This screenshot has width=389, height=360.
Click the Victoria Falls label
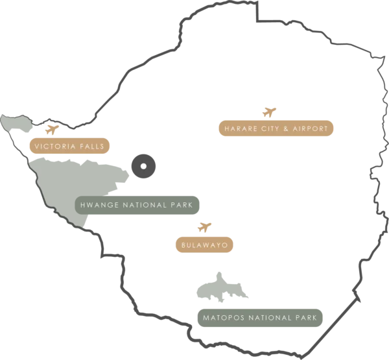[69, 146]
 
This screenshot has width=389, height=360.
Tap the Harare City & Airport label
[276, 128]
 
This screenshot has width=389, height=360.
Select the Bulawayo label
[204, 245]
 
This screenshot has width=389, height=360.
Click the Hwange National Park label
[137, 205]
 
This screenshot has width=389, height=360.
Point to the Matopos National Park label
[260, 318]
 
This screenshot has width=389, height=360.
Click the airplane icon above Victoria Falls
[52, 130]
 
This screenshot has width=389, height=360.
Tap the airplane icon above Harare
[269, 112]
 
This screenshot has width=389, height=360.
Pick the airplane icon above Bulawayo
[204, 227]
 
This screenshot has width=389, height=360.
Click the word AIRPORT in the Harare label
[311, 128]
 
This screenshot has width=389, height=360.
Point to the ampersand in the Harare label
[285, 128]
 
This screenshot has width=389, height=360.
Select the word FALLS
[92, 146]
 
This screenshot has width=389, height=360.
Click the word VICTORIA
[55, 146]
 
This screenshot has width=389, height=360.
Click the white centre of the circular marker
[143, 166]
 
